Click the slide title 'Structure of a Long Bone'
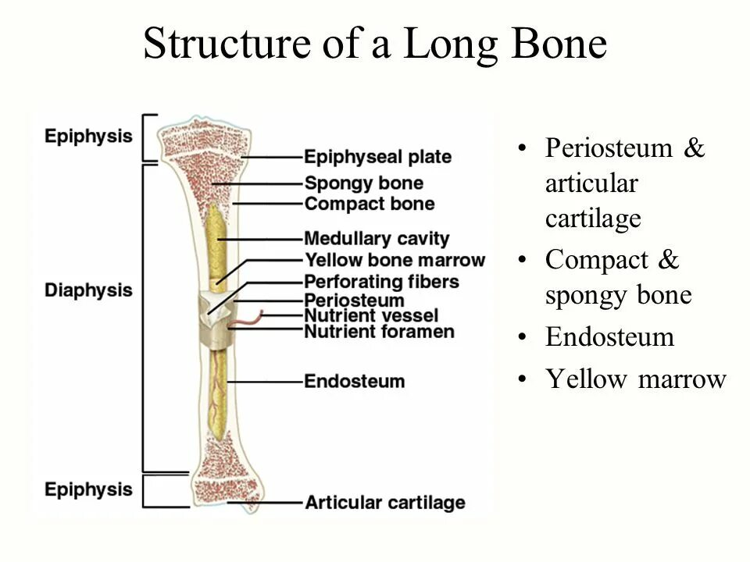[375, 44]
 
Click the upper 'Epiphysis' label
[87, 136]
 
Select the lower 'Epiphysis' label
[87, 489]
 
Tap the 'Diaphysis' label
[87, 290]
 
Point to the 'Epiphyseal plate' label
[377, 157]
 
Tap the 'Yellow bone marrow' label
[394, 260]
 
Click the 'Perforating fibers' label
[381, 281]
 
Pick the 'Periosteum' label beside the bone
[354, 301]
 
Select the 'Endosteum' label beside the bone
[354, 382]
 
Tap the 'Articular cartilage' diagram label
[384, 503]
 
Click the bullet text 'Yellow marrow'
[636, 379]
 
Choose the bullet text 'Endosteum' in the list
[609, 337]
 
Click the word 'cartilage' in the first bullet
[593, 219]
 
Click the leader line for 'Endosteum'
[266, 382]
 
